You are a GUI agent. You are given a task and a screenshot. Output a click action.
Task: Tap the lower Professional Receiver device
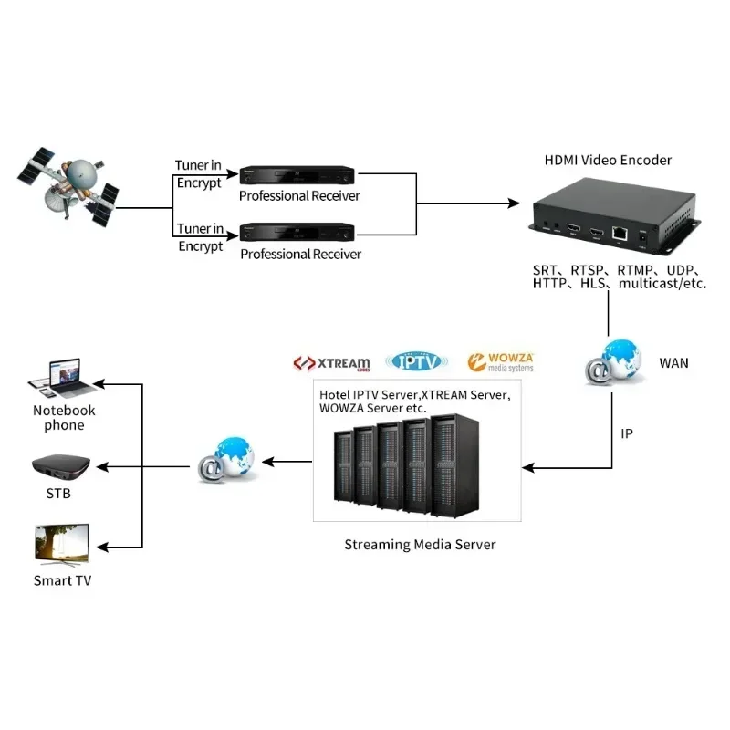297,231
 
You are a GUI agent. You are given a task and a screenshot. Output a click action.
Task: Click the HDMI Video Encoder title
608,160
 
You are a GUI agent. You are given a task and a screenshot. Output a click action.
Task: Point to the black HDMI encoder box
609,219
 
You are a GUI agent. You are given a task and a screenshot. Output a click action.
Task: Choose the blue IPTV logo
417,361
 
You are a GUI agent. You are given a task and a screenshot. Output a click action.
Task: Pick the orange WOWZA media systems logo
500,362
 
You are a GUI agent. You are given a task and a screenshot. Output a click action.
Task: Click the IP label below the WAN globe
627,433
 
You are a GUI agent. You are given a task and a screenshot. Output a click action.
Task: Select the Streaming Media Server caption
420,545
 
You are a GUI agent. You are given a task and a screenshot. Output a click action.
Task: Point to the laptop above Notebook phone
60,378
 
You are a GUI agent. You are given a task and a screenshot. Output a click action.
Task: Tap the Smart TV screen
62,543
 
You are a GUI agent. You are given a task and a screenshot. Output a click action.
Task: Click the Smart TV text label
62,580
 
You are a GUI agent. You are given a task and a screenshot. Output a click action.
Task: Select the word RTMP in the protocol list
636,270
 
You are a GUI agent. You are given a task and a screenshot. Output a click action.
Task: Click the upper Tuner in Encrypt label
199,173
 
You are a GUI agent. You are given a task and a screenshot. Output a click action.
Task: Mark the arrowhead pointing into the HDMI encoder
516,203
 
